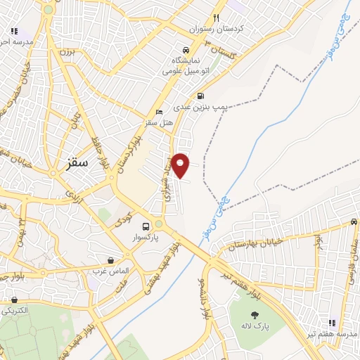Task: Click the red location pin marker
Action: tap(181, 165)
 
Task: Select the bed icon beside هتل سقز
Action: tap(159, 112)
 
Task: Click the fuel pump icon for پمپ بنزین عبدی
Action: tap(201, 96)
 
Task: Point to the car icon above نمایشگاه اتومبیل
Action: tap(184, 51)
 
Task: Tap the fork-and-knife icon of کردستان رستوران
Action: tap(217, 18)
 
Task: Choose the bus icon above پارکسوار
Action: tap(146, 226)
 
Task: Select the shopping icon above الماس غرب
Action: tap(111, 260)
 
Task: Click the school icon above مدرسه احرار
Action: tap(14, 31)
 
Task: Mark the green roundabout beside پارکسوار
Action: tap(159, 224)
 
